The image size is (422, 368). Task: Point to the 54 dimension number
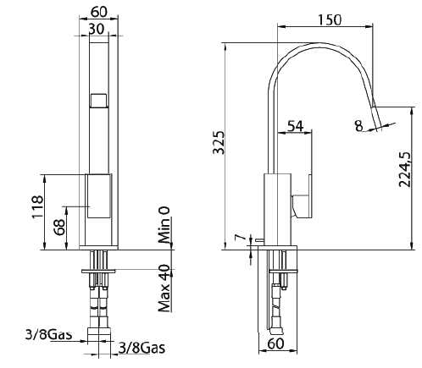296,126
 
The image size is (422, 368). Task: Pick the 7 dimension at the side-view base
239,239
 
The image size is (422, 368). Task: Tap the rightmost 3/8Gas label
141,348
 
